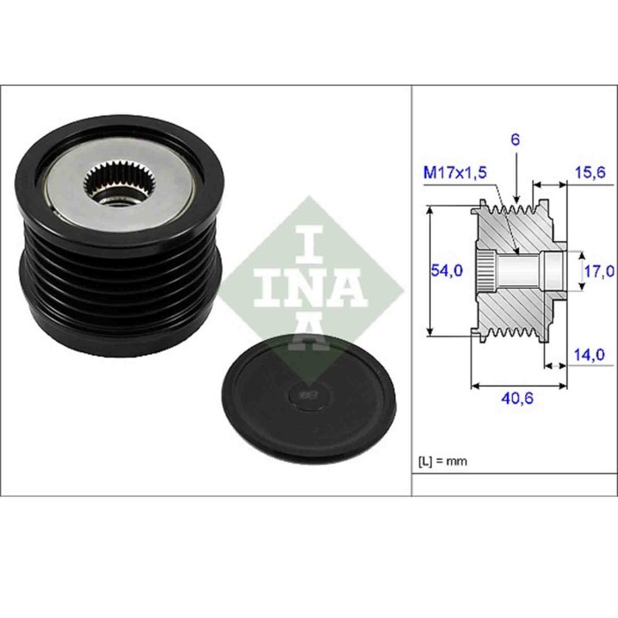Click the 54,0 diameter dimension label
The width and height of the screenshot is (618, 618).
(447, 271)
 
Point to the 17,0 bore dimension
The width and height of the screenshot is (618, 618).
(598, 271)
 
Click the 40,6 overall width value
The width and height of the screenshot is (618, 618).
(517, 397)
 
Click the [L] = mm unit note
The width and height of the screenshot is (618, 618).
(441, 461)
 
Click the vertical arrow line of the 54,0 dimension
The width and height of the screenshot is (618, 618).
(430, 271)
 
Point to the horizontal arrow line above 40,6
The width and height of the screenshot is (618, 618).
(517, 385)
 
